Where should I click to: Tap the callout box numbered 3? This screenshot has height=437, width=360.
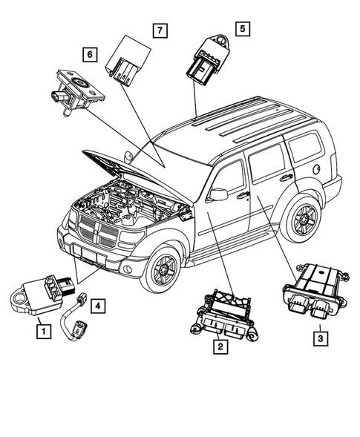(319, 338)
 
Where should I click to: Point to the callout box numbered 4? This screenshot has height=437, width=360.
(96, 303)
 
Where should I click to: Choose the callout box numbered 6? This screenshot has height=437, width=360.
(89, 53)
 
